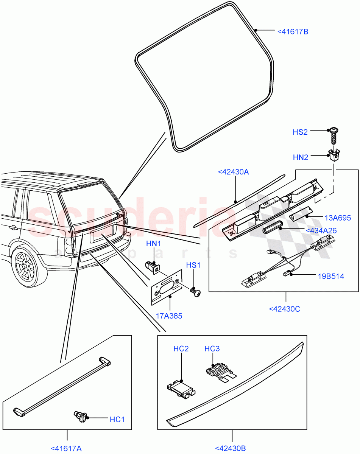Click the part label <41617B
[x=293, y=31]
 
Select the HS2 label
[x=300, y=132]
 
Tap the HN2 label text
[x=301, y=157]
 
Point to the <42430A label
[x=233, y=172]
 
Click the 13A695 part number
[x=338, y=218]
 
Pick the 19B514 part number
[x=331, y=276]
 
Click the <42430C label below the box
[x=284, y=309]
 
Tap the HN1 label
[x=154, y=244]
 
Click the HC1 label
[x=117, y=420]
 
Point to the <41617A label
[x=66, y=448]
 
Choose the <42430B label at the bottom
[x=231, y=448]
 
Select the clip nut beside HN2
[x=333, y=155]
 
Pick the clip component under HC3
[x=217, y=372]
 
